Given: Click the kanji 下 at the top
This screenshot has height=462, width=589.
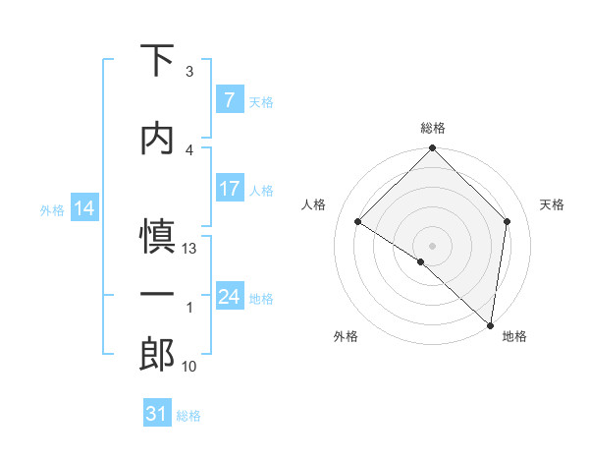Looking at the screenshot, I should click(x=157, y=61).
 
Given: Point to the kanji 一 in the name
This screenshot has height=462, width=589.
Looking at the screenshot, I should click(x=157, y=295).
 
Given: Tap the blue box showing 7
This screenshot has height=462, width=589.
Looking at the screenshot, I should click(x=229, y=99).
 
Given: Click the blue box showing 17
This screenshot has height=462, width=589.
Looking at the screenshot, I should click(x=229, y=189).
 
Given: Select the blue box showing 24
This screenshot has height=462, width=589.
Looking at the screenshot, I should click(x=229, y=296).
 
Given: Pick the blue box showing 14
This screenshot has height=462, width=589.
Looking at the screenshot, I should click(x=83, y=207).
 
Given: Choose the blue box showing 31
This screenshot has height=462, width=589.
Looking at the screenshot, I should click(x=157, y=414).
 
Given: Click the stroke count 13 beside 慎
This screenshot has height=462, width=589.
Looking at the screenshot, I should click(x=190, y=249).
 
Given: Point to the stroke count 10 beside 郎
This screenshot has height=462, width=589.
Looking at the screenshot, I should click(x=190, y=367).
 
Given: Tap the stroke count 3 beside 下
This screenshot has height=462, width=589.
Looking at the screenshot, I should click(x=189, y=72).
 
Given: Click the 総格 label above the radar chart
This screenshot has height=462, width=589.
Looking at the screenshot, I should click(x=433, y=128).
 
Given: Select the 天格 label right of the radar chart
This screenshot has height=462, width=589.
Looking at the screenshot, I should click(x=553, y=204).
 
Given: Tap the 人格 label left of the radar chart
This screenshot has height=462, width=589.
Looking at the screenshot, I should click(x=313, y=204).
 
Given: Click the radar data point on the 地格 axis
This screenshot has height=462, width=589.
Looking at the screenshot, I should click(x=489, y=324).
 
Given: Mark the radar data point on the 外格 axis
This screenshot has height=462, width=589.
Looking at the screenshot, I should click(x=421, y=261).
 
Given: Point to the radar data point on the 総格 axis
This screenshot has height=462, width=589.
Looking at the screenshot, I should click(x=432, y=148).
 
